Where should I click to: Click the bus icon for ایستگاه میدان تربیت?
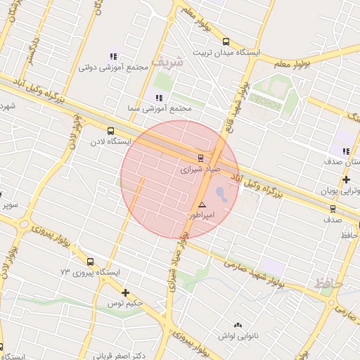pyautogui.click(x=226, y=41)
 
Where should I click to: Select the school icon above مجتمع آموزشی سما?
pyautogui.click(x=159, y=98)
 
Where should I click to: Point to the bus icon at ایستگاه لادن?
pyautogui.click(x=110, y=130)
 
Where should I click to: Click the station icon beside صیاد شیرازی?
pyautogui.click(x=200, y=157)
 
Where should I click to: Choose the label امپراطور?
pyautogui.click(x=201, y=214)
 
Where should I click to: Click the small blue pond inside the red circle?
pyautogui.click(x=220, y=193)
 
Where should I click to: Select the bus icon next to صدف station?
pyautogui.click(x=333, y=208)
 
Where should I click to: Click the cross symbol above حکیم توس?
pyautogui.click(x=125, y=292)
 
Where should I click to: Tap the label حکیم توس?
pyautogui.click(x=125, y=303)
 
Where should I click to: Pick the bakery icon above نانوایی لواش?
pyautogui.click(x=238, y=325)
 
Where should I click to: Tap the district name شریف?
pyautogui.click(x=170, y=62)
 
